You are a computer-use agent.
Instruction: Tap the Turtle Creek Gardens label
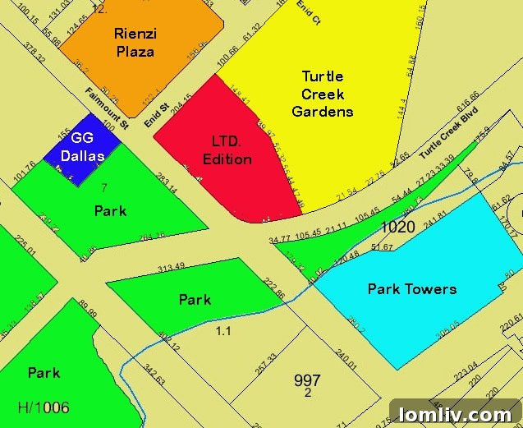pos(323,94)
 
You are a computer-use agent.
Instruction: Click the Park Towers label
pos(412,288)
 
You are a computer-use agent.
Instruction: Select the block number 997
pos(307,380)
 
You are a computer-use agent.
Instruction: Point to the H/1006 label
pos(44,407)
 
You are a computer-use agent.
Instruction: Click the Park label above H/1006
pos(44,372)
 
